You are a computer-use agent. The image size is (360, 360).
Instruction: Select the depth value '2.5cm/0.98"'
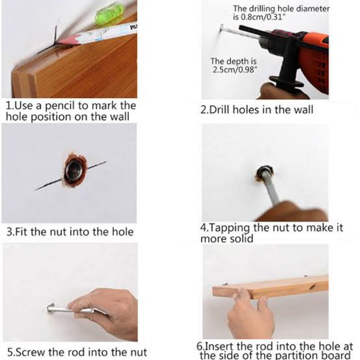(x=234, y=69)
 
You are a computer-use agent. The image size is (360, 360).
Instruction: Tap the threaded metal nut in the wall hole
(x=73, y=171)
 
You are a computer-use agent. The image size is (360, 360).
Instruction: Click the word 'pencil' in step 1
(x=60, y=106)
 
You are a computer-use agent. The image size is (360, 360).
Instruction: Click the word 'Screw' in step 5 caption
(x=30, y=352)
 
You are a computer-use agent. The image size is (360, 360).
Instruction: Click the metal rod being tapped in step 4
(x=271, y=187)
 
